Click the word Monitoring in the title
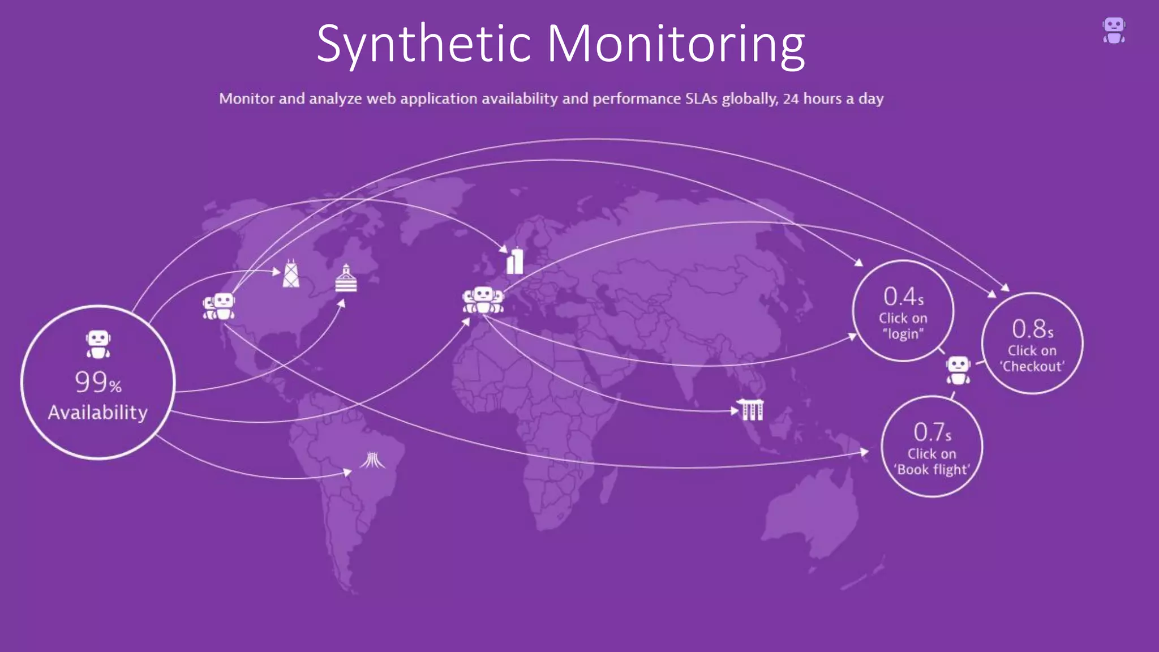pos(676,44)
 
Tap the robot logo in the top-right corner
pos(1114,30)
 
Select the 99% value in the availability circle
pos(98,383)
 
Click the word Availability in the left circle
pos(98,413)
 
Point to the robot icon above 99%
pos(98,344)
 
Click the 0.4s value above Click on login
pos(903,297)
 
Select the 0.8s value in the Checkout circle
pos(1032,329)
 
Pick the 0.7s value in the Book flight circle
pos(932,432)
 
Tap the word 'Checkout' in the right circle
pos(1032,367)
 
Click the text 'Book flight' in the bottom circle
pos(932,470)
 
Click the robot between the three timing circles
pos(958,370)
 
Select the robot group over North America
pos(219,307)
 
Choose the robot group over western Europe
pos(483,300)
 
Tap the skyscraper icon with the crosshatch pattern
pos(291,274)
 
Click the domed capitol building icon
pos(346,278)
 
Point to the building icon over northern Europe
pos(514,261)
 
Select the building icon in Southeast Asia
pos(752,410)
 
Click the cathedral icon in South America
pos(372,460)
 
